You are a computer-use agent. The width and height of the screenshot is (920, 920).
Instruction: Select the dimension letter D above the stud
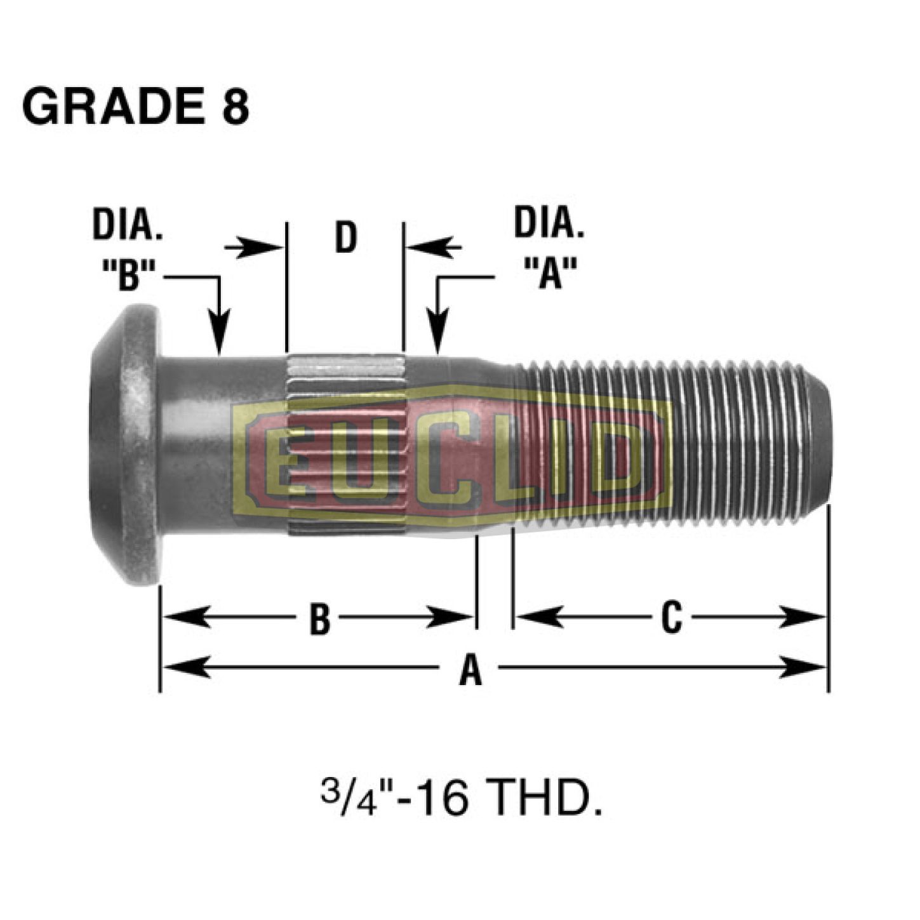tap(346, 237)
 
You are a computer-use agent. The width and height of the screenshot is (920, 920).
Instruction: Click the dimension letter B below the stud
tap(320, 618)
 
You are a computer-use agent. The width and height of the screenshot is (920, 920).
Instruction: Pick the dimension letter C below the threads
tap(671, 617)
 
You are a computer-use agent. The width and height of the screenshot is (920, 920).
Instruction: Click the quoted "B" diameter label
tap(130, 276)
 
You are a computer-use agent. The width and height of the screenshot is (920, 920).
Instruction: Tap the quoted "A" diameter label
tap(550, 274)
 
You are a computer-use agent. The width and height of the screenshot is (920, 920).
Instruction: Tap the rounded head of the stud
tap(127, 444)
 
